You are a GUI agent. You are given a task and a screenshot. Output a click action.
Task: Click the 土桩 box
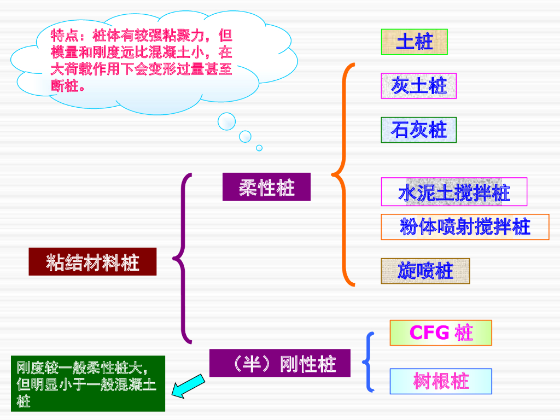(414, 42)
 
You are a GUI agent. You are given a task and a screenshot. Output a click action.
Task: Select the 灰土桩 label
(418, 86)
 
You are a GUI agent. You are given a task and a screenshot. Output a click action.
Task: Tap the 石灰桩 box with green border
(418, 130)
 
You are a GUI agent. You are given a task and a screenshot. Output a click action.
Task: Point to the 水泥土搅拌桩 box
(454, 192)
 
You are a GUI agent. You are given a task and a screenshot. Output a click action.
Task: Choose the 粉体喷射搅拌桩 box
(465, 227)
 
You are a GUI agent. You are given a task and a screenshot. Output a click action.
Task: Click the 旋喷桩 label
(425, 271)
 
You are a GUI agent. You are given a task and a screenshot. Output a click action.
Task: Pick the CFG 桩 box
(440, 332)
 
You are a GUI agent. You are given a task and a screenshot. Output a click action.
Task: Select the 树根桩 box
(440, 381)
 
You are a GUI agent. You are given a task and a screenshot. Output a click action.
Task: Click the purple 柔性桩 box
(266, 187)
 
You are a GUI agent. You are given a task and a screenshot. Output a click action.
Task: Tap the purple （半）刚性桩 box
(279, 363)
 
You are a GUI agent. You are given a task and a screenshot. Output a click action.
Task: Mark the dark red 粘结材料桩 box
(92, 261)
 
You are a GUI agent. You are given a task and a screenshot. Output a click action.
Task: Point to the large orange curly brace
(343, 175)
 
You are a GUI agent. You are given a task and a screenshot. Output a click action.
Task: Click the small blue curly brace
(369, 361)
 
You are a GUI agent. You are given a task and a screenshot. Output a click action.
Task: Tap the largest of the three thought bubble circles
(226, 121)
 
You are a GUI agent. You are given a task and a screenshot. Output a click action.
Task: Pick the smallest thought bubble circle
(259, 148)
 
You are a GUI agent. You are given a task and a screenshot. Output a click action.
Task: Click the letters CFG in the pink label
(429, 332)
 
